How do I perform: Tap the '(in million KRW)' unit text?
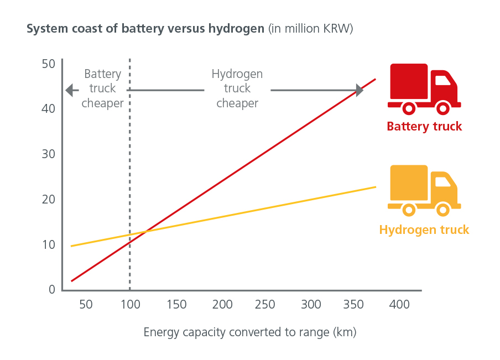point(310,29)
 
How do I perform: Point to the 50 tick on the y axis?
point(49,64)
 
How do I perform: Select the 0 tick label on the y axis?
point(52,289)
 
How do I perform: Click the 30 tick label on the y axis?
point(49,154)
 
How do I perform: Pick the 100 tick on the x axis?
point(129,304)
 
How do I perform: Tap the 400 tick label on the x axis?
point(399,304)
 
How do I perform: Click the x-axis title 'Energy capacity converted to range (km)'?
point(250,332)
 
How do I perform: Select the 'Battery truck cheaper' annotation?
point(103,88)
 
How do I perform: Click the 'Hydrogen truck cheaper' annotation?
point(237,88)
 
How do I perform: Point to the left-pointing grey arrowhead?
point(69,90)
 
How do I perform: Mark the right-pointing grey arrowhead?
point(360,90)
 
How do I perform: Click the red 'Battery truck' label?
point(424,127)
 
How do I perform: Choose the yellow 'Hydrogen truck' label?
point(424,230)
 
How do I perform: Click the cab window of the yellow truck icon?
point(442,182)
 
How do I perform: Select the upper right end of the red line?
point(376,79)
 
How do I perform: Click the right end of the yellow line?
point(376,187)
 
